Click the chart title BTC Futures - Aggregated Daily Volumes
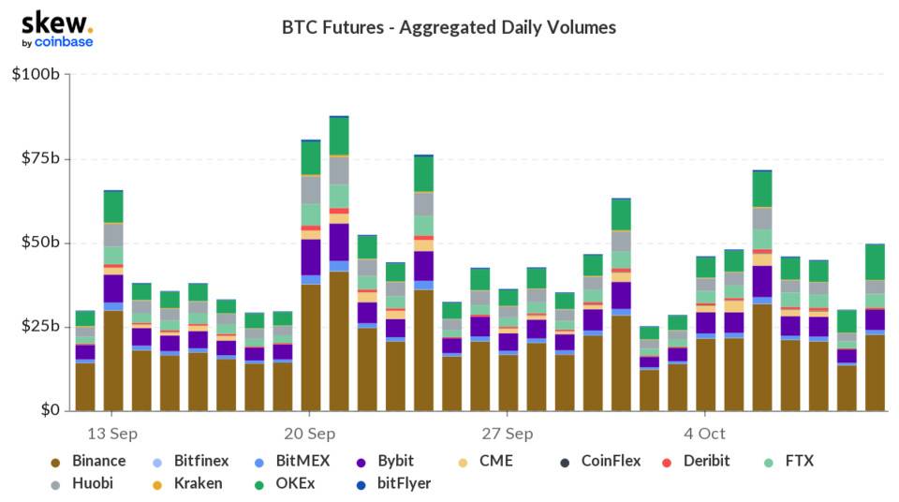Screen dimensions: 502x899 449,27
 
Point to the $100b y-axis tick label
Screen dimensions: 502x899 36,74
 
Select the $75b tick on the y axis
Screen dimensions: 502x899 40,158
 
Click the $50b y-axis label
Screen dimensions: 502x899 40,243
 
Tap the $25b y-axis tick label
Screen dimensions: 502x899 40,326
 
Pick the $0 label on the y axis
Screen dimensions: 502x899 49,410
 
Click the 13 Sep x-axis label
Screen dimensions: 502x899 112,434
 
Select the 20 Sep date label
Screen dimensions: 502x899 310,434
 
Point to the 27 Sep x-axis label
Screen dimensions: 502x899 508,434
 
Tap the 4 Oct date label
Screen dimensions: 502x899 704,434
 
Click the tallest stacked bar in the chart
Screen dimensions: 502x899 339,263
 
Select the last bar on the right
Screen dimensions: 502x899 876,327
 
